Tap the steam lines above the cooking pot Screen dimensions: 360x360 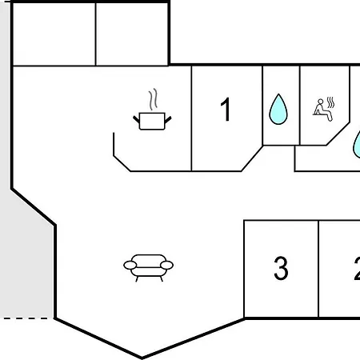[x=153, y=99]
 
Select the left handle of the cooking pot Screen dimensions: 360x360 [x=136, y=119]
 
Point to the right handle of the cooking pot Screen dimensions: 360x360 [x=168, y=120]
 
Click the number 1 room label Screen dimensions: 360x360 [x=226, y=109]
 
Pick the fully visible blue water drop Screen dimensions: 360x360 [x=278, y=109]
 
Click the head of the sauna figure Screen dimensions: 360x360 [x=321, y=102]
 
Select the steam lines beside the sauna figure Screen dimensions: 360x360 [x=330, y=102]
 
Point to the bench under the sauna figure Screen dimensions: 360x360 [x=317, y=114]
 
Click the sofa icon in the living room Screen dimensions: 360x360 [x=148, y=268]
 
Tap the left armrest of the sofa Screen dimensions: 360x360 [x=130, y=265]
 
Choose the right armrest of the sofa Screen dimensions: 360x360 [x=167, y=265]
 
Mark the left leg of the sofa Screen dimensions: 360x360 [x=137, y=279]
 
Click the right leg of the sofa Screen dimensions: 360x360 [x=161, y=279]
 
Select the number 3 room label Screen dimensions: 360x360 [x=281, y=268]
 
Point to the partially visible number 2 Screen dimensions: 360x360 [x=357, y=268]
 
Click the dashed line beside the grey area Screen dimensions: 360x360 [x=26, y=318]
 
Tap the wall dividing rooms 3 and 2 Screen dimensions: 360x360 [x=318, y=270]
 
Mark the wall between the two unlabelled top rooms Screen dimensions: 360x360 [x=95, y=34]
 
